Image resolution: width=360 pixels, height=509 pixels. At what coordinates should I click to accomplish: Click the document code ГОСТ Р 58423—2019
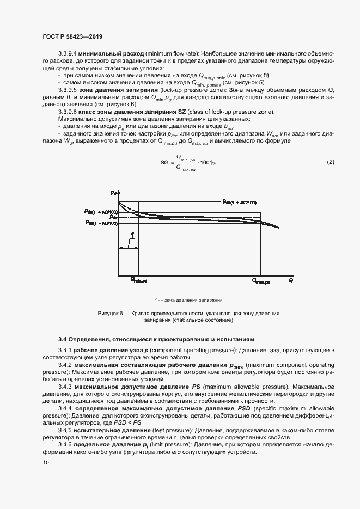click(72, 36)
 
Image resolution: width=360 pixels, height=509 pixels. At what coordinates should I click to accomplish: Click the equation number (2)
click(330, 162)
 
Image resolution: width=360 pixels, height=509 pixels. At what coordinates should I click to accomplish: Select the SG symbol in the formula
click(165, 163)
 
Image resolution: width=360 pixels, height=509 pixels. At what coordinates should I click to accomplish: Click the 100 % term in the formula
click(208, 163)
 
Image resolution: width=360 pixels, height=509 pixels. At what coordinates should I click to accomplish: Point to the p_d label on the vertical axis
click(113, 193)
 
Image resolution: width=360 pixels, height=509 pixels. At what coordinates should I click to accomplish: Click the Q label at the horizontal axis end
click(291, 280)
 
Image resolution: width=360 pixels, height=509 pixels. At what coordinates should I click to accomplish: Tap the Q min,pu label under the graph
click(138, 280)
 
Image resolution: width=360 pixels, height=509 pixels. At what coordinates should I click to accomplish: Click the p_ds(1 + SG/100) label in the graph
click(239, 202)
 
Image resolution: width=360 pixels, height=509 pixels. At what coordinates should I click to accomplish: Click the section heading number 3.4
click(62, 339)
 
